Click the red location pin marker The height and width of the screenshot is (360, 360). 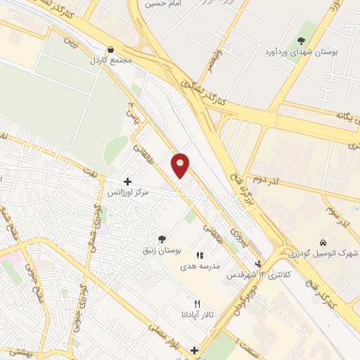pos(181,164)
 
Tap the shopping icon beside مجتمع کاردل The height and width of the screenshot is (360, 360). pos(110,50)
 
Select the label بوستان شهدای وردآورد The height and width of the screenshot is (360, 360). pos(300,53)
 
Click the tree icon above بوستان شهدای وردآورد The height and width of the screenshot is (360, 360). pos(301,41)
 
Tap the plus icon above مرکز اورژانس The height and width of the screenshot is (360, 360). pos(127,181)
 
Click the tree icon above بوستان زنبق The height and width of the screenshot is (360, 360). pos(162,239)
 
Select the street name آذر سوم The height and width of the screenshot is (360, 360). pos(336,212)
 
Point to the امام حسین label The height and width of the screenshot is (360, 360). pos(157,4)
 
